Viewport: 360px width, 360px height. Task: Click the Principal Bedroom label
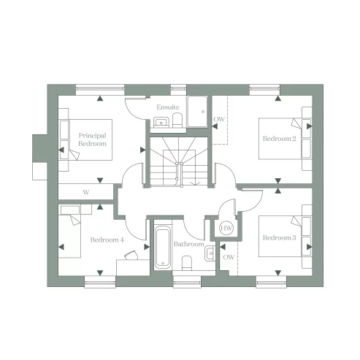click(x=93, y=139)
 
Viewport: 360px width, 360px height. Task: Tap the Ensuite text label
click(x=167, y=107)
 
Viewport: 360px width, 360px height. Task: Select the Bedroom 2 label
click(x=279, y=139)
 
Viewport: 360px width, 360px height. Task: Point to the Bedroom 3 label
click(x=279, y=237)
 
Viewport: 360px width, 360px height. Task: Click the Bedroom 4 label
click(x=107, y=240)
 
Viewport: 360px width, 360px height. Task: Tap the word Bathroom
click(x=189, y=244)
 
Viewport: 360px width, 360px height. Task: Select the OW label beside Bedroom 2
click(x=219, y=120)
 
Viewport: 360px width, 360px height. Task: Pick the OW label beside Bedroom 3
click(x=229, y=257)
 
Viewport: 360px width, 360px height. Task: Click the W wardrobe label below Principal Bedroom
click(x=86, y=193)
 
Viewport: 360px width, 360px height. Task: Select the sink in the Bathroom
click(x=210, y=253)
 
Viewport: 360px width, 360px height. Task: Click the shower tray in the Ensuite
click(x=197, y=112)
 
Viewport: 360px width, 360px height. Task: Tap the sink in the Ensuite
click(x=164, y=120)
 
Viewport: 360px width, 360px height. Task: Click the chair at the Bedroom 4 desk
click(x=131, y=254)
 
